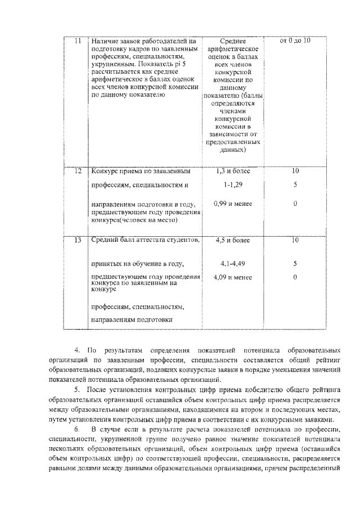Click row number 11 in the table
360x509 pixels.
tap(78, 41)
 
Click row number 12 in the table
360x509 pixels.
tap(78, 170)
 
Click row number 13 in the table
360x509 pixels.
tap(78, 240)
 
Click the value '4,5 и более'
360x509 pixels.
tap(232, 240)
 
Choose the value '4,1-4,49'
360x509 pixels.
tap(232, 263)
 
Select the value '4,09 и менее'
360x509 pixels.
tap(233, 277)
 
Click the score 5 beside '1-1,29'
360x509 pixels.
tap(295, 184)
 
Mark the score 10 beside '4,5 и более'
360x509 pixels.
tap(295, 240)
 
